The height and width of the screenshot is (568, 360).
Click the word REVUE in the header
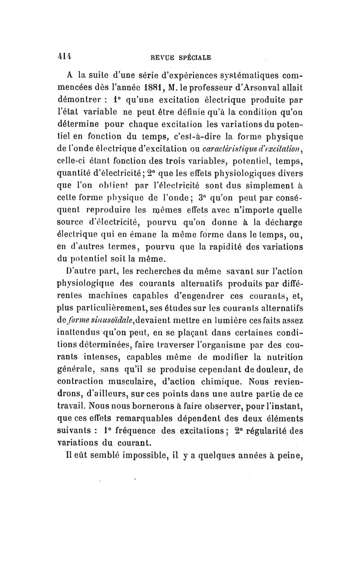tap(163, 57)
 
